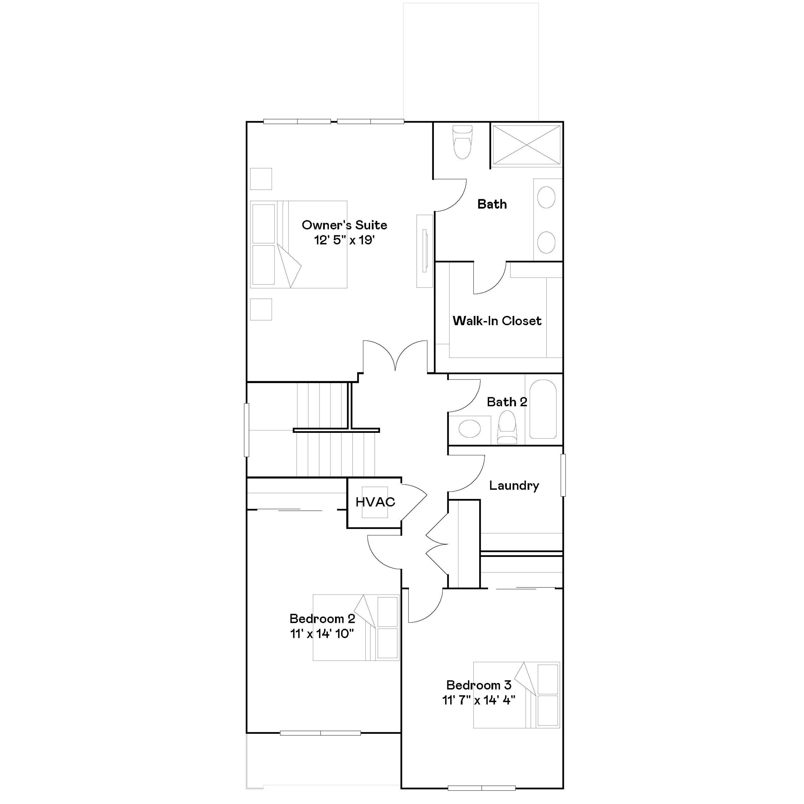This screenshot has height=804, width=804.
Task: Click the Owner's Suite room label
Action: (344, 225)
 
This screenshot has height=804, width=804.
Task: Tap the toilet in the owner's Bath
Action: (462, 143)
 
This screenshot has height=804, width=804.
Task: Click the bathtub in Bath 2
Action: (543, 409)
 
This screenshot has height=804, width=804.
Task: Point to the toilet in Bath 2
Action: (507, 427)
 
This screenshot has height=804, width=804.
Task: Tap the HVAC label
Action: (375, 502)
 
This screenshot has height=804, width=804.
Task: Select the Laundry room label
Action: (514, 486)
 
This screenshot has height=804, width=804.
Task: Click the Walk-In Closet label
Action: (497, 321)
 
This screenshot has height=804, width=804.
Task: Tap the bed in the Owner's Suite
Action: (298, 245)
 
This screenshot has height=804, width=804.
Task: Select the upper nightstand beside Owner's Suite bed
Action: (261, 179)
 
